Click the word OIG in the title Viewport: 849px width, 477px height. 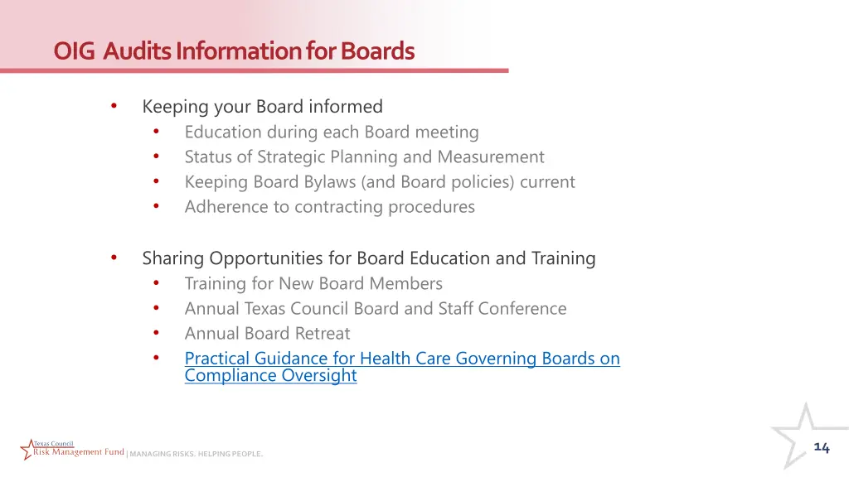click(x=75, y=51)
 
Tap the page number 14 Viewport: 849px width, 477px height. click(x=821, y=447)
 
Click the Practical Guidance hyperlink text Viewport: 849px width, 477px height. click(x=402, y=359)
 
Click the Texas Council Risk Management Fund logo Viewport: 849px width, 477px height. click(x=72, y=450)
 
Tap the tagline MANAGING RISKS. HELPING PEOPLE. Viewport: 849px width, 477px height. click(x=196, y=454)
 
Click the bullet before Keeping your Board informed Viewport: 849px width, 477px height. click(x=114, y=106)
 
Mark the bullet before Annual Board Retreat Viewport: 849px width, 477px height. click(x=157, y=333)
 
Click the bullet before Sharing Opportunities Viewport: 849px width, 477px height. click(x=114, y=258)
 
